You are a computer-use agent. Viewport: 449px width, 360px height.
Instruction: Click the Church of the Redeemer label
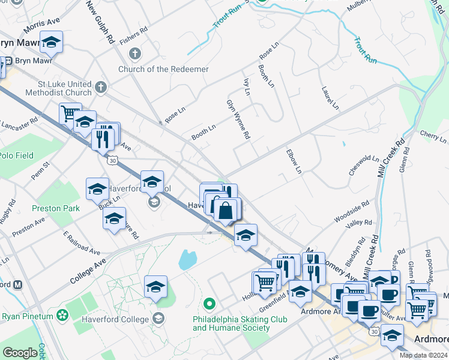(x=172, y=69)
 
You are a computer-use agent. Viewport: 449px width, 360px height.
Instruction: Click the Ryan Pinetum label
(x=26, y=316)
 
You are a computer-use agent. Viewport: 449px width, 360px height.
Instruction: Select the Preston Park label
(x=56, y=208)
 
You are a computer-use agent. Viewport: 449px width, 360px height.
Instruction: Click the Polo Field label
(x=17, y=155)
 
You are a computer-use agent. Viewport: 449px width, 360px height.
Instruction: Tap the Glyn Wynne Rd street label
(x=238, y=120)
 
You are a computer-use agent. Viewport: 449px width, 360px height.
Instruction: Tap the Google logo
(x=20, y=353)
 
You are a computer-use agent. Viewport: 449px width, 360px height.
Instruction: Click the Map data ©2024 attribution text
(x=423, y=355)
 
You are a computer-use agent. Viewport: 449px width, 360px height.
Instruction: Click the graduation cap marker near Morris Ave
(x=51, y=43)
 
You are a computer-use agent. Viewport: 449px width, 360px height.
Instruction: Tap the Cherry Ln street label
(x=433, y=137)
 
